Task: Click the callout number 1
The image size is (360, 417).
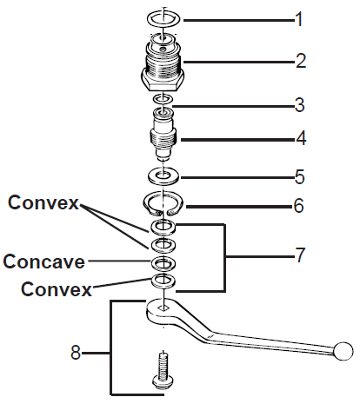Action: point(299,18)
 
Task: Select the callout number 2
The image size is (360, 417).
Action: point(300,61)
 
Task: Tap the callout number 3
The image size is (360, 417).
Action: point(300,106)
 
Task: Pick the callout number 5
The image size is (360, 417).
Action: point(300,177)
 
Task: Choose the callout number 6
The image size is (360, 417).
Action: point(300,207)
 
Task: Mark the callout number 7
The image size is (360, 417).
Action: point(300,255)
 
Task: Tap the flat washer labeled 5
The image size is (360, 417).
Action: point(163,176)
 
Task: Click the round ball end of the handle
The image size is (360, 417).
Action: point(344,350)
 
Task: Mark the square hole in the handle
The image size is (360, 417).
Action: point(163,307)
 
